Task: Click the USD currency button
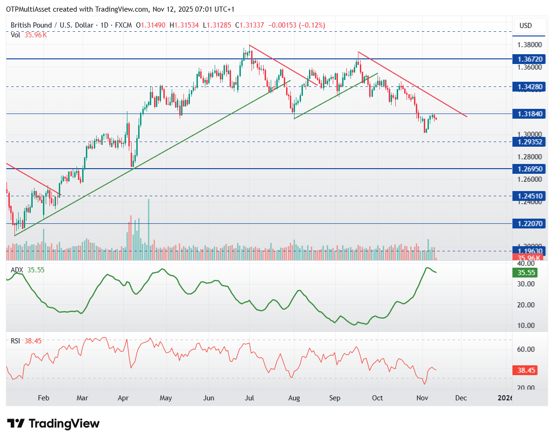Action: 526,26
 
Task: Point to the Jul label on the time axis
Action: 250,398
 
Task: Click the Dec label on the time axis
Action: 461,398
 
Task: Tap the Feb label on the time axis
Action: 43,398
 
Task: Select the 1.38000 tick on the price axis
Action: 529,45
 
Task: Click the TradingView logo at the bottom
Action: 54,424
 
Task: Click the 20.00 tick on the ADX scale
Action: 525,305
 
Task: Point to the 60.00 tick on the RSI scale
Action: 525,349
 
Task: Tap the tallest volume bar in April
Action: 149,229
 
